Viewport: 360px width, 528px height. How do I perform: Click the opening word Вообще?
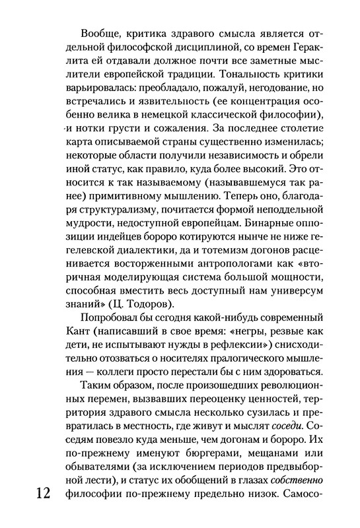point(98,34)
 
